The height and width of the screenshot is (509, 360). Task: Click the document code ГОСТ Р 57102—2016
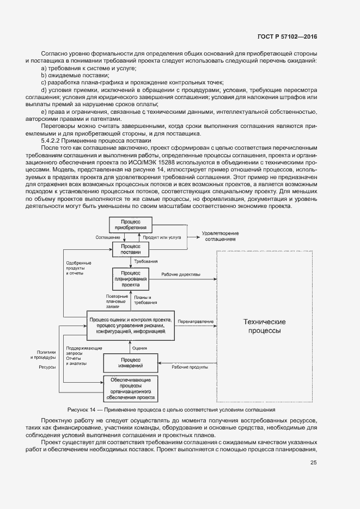[286, 37]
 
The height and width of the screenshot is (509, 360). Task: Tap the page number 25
[313, 463]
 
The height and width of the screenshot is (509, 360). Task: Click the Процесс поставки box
[130, 249]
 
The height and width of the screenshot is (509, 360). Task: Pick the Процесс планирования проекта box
[130, 278]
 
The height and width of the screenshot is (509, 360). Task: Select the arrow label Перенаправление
[196, 322]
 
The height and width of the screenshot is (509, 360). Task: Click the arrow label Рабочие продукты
[190, 367]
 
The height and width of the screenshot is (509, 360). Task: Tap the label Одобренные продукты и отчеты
[75, 268]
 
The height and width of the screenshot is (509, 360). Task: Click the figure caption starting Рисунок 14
[172, 409]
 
